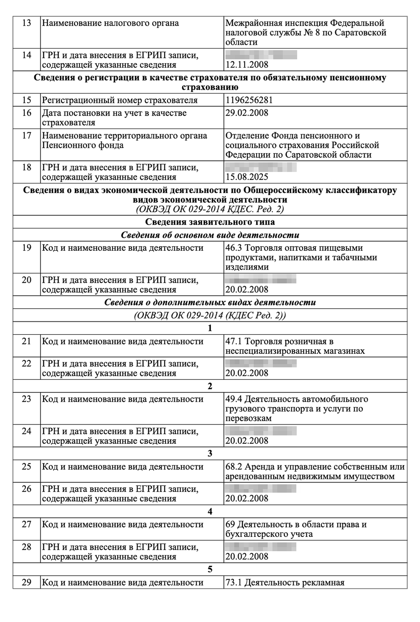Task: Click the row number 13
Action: point(26,23)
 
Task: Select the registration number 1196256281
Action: point(249,100)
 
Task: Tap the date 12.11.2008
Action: point(247,65)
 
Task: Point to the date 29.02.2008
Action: point(247,113)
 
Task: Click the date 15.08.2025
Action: point(247,177)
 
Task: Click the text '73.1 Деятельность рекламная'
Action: point(285,583)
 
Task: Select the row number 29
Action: point(26,582)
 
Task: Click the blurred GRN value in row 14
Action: point(261,55)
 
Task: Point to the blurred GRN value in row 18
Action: point(261,167)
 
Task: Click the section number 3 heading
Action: point(210,454)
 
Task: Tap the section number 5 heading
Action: point(210,569)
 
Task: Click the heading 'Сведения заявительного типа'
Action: point(210,222)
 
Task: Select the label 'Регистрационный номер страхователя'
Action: point(120,100)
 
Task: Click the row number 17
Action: point(26,135)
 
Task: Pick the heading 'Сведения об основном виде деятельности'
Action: point(210,235)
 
